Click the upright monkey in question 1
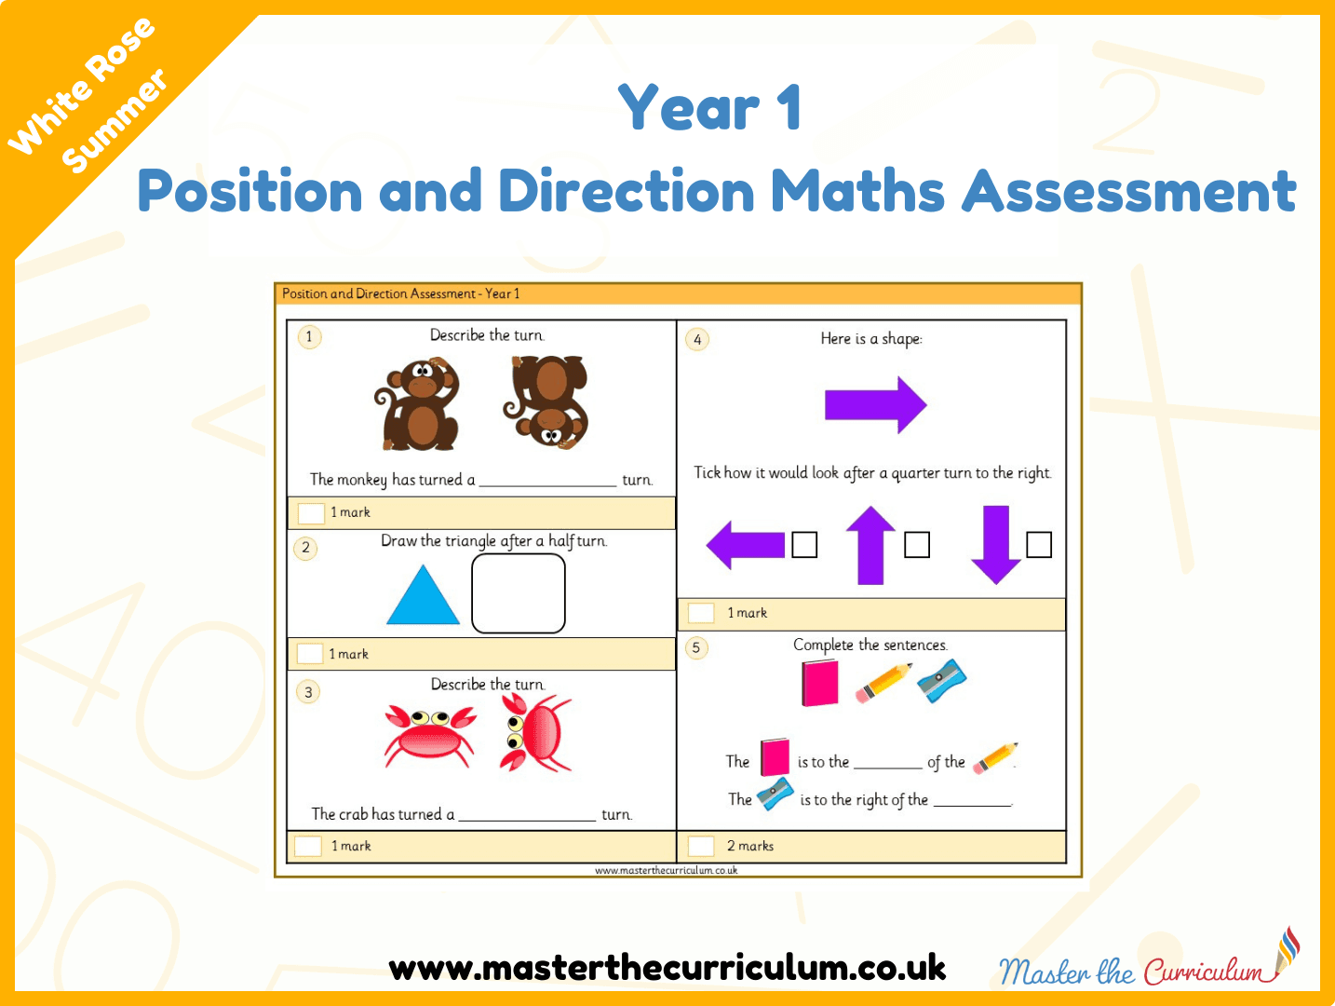click(418, 404)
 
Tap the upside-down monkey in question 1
click(546, 402)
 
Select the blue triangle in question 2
click(423, 594)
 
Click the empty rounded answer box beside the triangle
click(519, 593)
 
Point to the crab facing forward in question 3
click(430, 735)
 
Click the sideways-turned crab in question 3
click(535, 733)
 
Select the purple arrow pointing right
click(875, 404)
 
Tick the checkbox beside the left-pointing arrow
click(804, 544)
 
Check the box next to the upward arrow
click(917, 544)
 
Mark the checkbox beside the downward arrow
click(1039, 544)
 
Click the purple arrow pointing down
click(995, 545)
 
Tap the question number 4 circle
click(697, 340)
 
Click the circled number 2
click(305, 548)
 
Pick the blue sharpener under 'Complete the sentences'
click(941, 681)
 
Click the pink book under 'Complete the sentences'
click(820, 684)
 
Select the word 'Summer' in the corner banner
click(115, 120)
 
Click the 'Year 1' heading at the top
click(710, 107)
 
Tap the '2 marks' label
click(750, 846)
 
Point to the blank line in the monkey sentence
click(547, 485)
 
